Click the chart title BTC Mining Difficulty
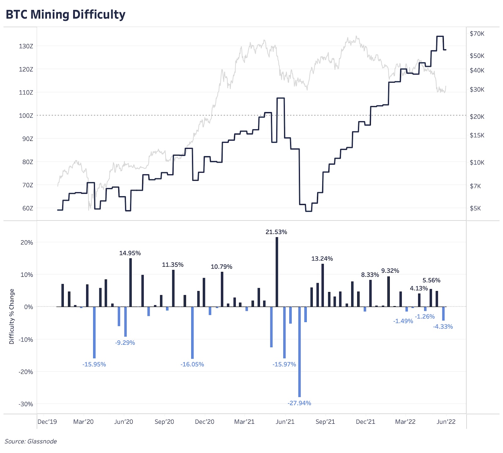[65, 14]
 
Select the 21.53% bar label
[276, 232]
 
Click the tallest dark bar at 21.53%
[277, 272]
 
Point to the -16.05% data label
[192, 365]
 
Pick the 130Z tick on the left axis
[26, 46]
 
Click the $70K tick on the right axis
[477, 34]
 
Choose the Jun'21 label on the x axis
[285, 422]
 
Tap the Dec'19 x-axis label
[47, 422]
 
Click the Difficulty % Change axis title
[12, 316]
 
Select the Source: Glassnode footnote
[31, 441]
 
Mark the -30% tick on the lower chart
[26, 404]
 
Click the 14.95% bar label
[130, 253]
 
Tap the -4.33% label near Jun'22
[443, 327]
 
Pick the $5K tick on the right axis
[475, 209]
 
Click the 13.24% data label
[322, 259]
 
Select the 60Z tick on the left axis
[27, 208]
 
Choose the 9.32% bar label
[390, 271]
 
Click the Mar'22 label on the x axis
[405, 422]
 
